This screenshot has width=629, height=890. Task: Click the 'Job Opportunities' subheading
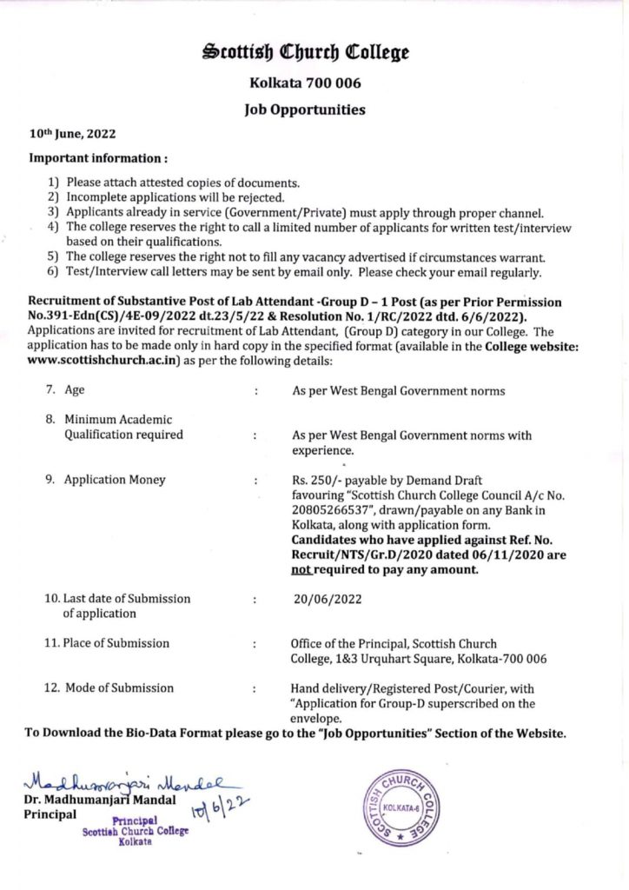[304, 110]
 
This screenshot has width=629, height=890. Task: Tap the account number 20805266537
[331, 509]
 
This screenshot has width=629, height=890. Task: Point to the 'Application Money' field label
[115, 479]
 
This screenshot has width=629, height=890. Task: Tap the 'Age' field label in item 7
[75, 391]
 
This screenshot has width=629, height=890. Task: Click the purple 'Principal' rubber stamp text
[134, 820]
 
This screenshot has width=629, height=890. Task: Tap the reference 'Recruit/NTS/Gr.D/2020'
[351, 555]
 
